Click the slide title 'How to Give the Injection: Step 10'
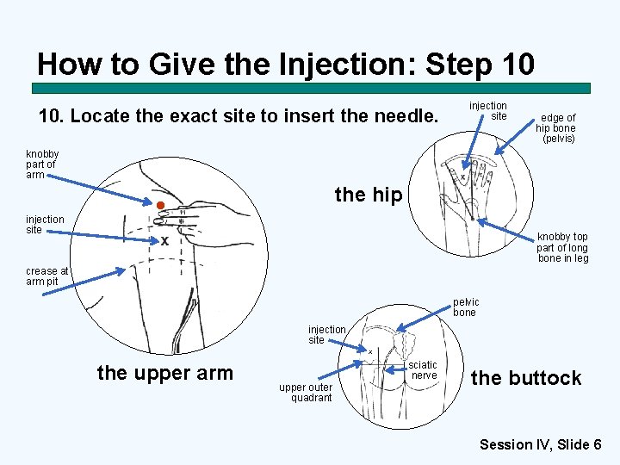tap(286, 64)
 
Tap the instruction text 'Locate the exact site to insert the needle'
tap(239, 115)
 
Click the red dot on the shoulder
tap(159, 205)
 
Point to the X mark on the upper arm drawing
tap(164, 241)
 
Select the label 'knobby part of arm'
tap(41, 164)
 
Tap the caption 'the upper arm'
tap(164, 373)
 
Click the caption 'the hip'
tap(368, 195)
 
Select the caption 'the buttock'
tap(526, 378)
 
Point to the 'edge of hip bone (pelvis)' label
tap(557, 127)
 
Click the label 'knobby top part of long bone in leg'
tap(562, 247)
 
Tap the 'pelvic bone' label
tap(464, 307)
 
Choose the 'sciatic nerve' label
tap(423, 370)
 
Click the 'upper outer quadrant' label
tap(305, 393)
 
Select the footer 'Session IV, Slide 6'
tap(540, 444)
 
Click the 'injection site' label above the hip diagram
tap(487, 110)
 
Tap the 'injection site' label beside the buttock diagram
tap(327, 334)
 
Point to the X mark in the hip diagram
tap(462, 177)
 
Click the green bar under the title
tap(311, 88)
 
